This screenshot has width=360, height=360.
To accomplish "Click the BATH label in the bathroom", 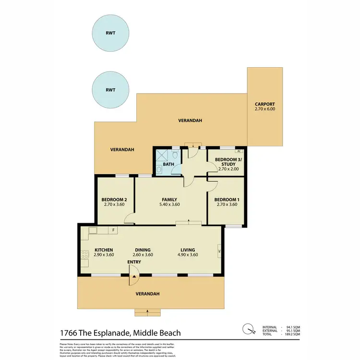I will (168, 164).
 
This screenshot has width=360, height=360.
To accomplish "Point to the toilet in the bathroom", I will (176, 155).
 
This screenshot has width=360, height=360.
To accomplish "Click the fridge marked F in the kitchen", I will (113, 230).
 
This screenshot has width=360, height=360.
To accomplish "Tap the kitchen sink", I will (92, 230).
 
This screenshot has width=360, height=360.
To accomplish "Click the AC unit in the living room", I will (219, 251).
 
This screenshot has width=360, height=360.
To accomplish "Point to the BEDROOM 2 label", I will (114, 200).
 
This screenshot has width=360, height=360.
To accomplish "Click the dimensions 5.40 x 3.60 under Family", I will (169, 205).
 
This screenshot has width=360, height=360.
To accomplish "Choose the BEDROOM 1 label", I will (226, 200).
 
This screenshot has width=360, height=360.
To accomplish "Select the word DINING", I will (143, 250).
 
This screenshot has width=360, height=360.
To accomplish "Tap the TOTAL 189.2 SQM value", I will (293, 335).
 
